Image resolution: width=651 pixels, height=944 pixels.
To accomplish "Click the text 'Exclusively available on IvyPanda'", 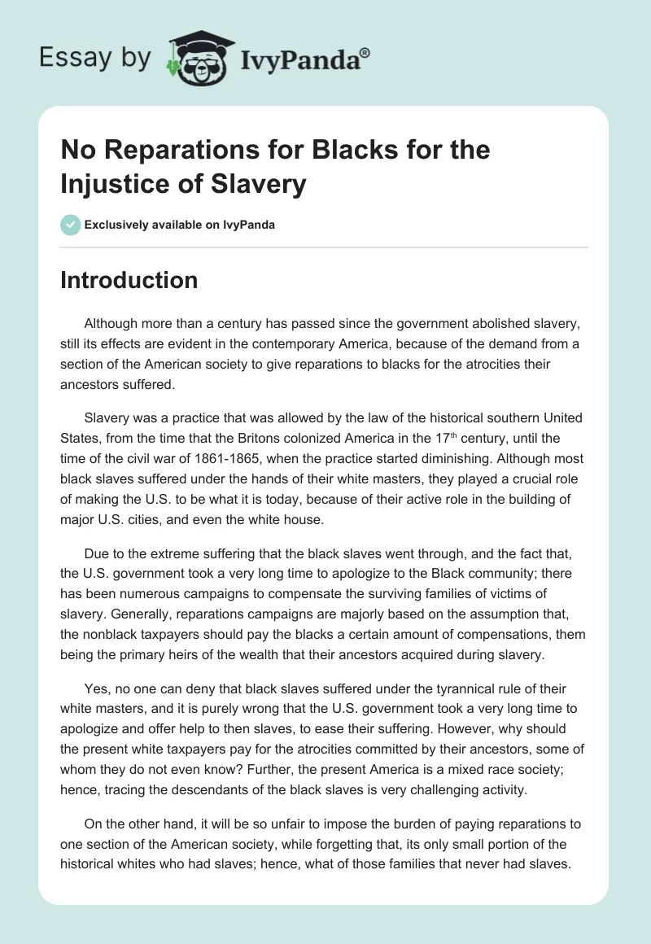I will point(179,225).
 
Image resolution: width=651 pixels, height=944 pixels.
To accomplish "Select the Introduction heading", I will point(129,280).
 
